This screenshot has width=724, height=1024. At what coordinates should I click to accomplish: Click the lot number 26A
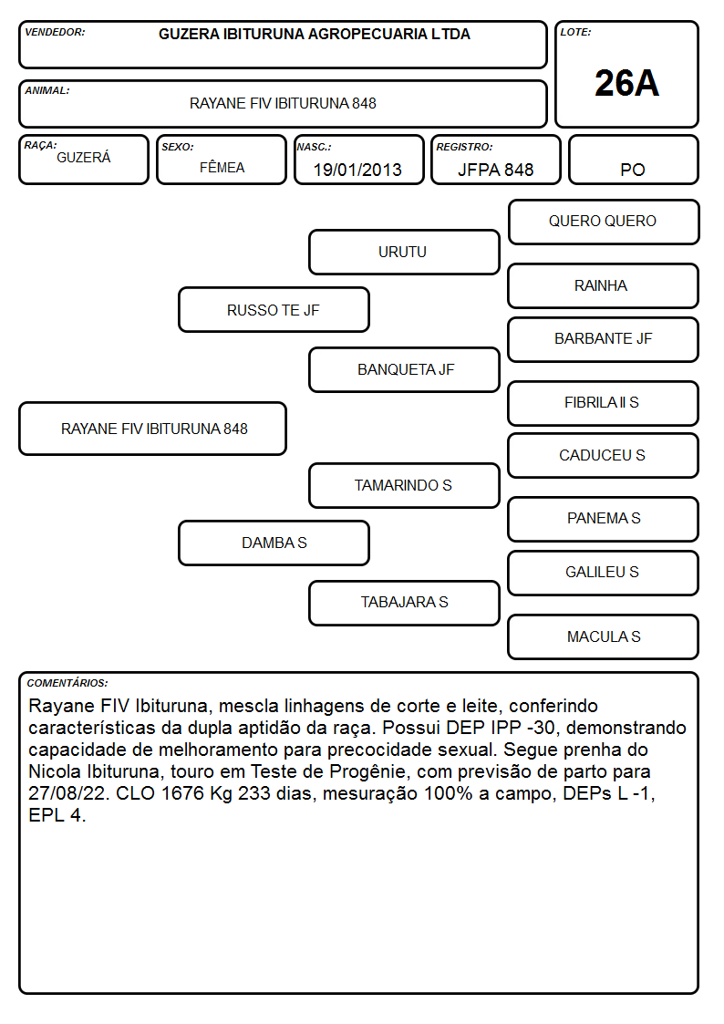(626, 84)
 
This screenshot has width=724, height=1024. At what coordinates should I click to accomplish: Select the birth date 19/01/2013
(357, 170)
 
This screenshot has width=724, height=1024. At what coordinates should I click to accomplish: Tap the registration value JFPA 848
(495, 170)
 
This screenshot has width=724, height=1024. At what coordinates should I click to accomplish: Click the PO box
(633, 160)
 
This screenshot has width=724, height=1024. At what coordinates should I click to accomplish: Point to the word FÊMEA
(222, 167)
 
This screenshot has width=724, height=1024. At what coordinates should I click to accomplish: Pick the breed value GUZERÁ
(84, 158)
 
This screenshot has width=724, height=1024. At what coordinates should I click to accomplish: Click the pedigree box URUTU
(404, 252)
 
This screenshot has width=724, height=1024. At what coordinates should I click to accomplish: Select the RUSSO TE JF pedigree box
(274, 309)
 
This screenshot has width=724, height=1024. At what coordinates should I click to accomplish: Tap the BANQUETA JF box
(404, 369)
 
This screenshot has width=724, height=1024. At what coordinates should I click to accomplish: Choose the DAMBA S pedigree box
(274, 543)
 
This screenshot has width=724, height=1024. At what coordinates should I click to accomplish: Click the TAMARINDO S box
(404, 485)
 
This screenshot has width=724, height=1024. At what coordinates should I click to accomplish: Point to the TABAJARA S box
(404, 603)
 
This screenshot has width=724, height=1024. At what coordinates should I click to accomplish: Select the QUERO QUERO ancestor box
(604, 222)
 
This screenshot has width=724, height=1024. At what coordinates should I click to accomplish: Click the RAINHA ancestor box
(604, 285)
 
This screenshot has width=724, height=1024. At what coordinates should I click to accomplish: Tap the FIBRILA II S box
(604, 403)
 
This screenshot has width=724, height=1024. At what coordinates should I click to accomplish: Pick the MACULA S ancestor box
(604, 636)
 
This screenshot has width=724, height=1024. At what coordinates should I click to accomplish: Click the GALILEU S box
(604, 573)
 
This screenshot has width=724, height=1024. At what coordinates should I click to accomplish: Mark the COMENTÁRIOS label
(67, 683)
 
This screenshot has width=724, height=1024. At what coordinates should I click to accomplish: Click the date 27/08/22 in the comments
(67, 793)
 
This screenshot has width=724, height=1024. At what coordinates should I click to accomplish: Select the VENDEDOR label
(55, 32)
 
